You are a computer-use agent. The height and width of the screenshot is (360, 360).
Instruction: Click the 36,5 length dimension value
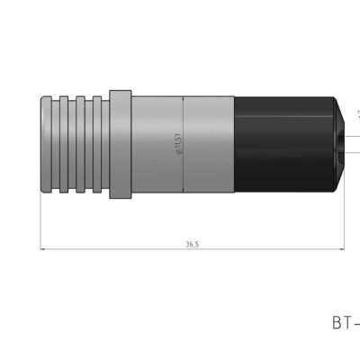192,244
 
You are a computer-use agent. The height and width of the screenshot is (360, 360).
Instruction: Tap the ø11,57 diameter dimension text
179,144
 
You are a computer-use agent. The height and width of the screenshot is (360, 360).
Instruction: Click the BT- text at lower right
345,321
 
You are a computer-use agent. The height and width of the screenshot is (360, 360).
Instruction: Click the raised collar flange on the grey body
119,144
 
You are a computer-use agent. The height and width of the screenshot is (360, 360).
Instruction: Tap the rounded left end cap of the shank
49,144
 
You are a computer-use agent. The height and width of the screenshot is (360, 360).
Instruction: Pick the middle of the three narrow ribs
82,144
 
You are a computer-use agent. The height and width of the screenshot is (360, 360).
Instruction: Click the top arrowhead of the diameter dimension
184,98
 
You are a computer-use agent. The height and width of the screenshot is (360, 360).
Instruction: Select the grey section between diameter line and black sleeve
209,144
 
